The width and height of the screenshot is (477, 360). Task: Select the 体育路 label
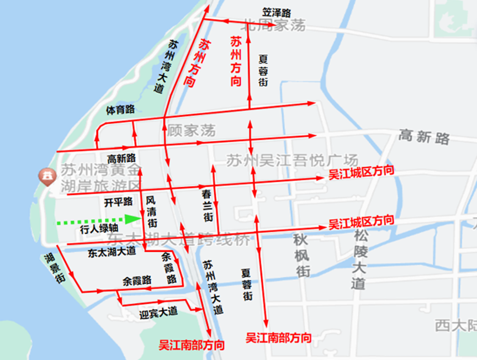click(x=120, y=110)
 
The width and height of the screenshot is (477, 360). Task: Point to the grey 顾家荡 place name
click(x=191, y=131)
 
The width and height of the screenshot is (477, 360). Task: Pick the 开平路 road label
click(x=119, y=202)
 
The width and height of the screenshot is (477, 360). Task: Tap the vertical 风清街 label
click(x=152, y=211)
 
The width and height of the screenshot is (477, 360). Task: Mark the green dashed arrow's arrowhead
click(x=132, y=219)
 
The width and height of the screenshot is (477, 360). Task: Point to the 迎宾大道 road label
click(x=158, y=313)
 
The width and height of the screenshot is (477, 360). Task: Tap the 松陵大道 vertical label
click(x=359, y=260)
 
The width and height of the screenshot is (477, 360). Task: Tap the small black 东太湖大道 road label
click(x=112, y=252)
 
